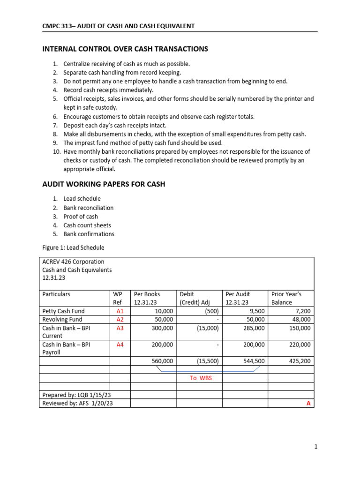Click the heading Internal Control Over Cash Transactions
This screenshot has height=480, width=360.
[x=125, y=49]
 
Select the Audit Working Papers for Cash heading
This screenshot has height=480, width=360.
[x=104, y=184]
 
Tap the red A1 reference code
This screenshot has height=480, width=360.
[x=120, y=311]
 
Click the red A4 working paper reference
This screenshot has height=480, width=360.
[x=120, y=345]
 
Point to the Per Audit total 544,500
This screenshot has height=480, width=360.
[x=254, y=361]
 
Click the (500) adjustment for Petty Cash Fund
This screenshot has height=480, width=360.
[x=210, y=311]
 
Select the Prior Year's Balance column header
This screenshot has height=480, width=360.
[x=286, y=298]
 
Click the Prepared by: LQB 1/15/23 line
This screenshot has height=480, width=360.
[x=75, y=395]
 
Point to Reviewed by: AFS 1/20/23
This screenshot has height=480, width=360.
[x=77, y=403]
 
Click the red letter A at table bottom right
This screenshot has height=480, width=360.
[x=308, y=403]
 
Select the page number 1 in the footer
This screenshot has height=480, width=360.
[x=316, y=447]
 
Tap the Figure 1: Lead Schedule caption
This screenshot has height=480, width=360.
[x=73, y=247]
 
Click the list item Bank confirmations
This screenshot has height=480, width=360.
[x=89, y=234]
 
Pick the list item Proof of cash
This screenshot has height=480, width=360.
[x=81, y=217]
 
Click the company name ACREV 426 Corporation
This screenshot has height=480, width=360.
[x=73, y=262]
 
